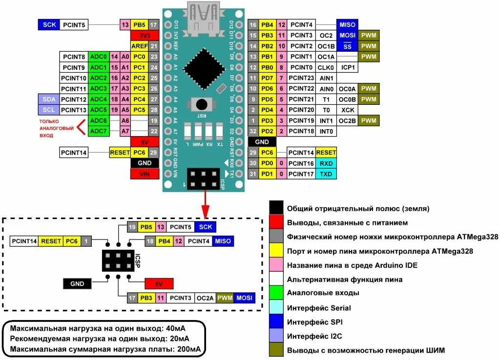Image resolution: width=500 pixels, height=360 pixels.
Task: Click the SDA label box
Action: point(48,99)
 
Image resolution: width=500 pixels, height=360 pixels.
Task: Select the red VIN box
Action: point(145,174)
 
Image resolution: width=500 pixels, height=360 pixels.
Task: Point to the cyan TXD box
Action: point(326,174)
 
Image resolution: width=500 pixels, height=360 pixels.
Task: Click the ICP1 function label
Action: point(348,67)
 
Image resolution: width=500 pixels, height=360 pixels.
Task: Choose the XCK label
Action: point(348,110)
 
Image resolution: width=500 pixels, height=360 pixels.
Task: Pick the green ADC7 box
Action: point(99,131)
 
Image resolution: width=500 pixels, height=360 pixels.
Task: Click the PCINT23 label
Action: point(301,78)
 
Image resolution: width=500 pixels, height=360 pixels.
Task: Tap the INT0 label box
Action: point(326,131)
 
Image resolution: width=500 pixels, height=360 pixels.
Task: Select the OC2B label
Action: point(348,120)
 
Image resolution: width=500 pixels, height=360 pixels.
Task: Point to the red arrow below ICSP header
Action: point(206,203)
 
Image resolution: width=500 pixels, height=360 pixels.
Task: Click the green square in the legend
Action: point(276,293)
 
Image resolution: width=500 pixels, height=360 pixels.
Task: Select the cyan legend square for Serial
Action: point(276,307)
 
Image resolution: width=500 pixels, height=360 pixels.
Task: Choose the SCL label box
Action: point(48,110)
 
